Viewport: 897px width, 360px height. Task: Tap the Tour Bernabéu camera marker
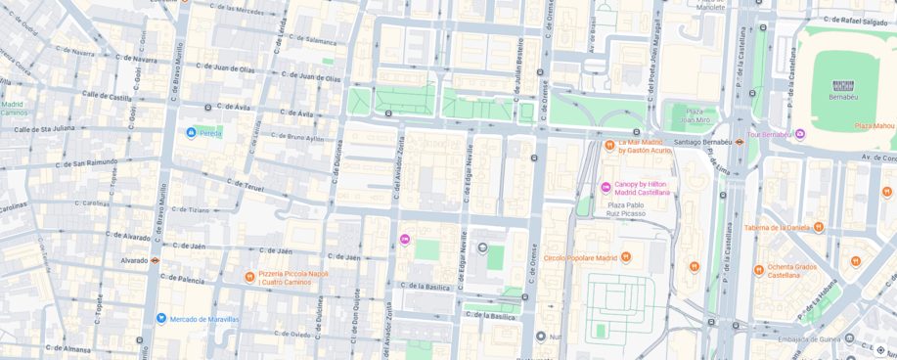[799, 134]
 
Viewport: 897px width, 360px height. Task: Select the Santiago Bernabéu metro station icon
[740, 142]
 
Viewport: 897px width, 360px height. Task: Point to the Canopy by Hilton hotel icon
[605, 188]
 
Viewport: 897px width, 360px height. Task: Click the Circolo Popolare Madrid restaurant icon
[625, 257]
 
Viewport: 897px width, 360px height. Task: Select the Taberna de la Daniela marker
[819, 227]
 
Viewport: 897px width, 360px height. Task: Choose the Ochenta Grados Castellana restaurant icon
[758, 270]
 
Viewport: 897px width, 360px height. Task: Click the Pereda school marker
[191, 132]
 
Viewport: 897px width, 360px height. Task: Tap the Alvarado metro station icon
[155, 261]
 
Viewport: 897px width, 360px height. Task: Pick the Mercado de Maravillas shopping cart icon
[161, 318]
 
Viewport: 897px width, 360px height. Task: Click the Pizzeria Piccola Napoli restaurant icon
[249, 277]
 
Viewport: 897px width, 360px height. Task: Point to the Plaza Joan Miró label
[695, 115]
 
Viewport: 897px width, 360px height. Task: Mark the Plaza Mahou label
[875, 125]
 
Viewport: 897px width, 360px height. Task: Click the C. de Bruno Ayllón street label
[297, 138]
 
